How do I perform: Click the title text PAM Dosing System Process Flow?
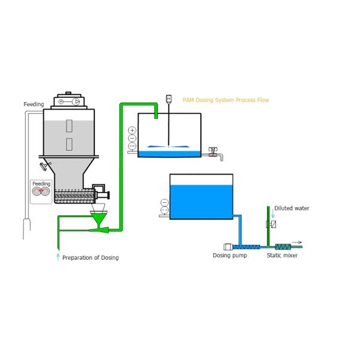pyautogui.click(x=226, y=100)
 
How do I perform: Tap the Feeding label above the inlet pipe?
pyautogui.click(x=34, y=104)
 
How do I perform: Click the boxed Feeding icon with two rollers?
pyautogui.click(x=41, y=191)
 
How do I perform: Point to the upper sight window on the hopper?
pyautogui.click(x=69, y=126)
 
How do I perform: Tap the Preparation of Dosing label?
pyautogui.click(x=91, y=258)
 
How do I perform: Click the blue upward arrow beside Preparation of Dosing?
pyautogui.click(x=58, y=257)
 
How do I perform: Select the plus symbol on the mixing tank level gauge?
pyautogui.click(x=132, y=130)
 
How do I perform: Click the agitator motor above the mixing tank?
pyautogui.click(x=169, y=98)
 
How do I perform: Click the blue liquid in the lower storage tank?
pyautogui.click(x=201, y=202)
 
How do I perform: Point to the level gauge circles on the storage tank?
pyautogui.click(x=164, y=206)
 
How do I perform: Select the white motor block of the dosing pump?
pyautogui.click(x=228, y=247)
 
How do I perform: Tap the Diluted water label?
pyautogui.click(x=292, y=208)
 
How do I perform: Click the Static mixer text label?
pyautogui.click(x=282, y=256)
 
